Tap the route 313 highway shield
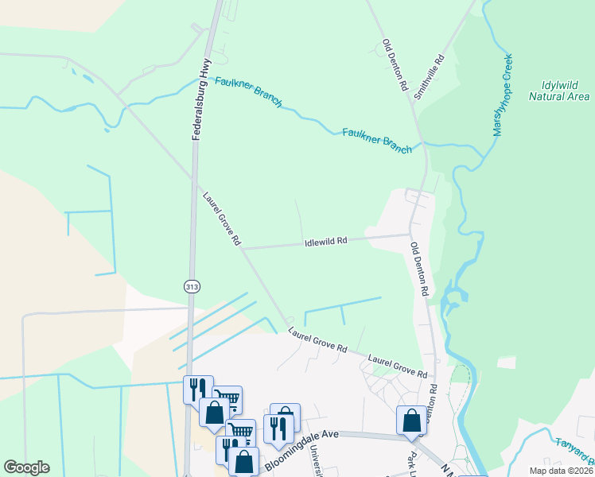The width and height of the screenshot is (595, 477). click(x=191, y=286)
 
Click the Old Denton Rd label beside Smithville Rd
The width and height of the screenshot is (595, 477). click(x=395, y=64)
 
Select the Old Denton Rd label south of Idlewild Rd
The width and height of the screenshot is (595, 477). click(x=419, y=270)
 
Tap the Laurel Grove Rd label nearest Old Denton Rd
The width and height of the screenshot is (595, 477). click(x=398, y=366)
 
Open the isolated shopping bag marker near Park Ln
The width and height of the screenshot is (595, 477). click(x=412, y=420)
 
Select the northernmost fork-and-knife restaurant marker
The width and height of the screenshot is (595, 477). click(x=198, y=390)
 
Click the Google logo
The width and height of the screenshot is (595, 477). click(x=26, y=467)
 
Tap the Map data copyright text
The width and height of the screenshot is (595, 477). click(x=562, y=471)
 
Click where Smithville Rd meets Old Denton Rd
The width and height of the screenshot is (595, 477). click(x=414, y=102)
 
